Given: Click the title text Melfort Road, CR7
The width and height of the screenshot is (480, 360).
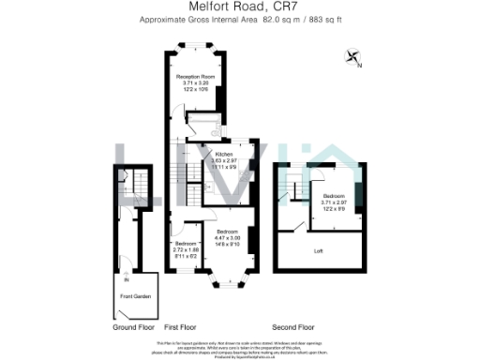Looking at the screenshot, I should [x=239, y=7].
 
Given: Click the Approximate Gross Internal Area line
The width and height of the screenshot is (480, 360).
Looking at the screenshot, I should [x=239, y=20].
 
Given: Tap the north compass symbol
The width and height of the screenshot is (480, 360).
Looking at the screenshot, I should [x=353, y=57].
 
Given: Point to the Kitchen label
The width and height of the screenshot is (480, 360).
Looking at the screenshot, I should [x=223, y=153].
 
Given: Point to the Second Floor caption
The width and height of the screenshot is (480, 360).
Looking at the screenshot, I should [x=292, y=327].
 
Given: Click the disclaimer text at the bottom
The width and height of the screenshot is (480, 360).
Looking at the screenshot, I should [x=239, y=350].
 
